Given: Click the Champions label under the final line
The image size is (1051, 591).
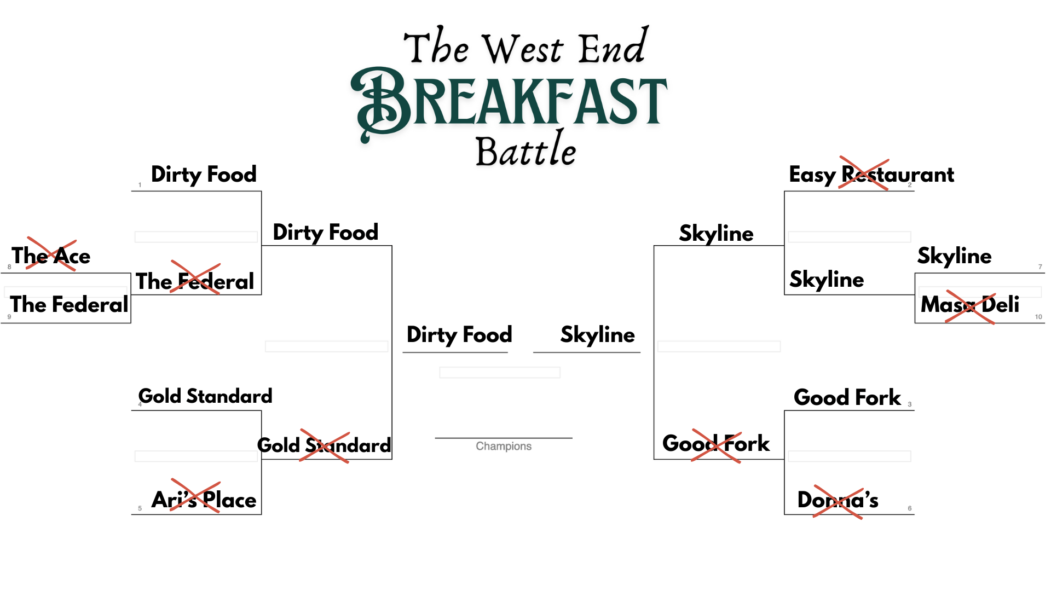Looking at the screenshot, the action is coord(504,446).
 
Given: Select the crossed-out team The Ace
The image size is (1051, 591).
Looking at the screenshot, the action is coord(51,256).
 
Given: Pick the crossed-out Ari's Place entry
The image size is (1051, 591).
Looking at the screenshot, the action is coord(204,499).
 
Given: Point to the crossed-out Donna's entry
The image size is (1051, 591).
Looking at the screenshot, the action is coord(838,500).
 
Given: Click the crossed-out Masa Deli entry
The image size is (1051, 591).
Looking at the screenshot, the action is coord(969,304).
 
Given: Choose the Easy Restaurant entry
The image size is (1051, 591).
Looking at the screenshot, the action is coord(871,175).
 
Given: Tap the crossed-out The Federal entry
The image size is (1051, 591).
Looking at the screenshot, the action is coord(195,281).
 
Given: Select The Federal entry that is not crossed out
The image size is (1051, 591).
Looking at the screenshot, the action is coord(69,304).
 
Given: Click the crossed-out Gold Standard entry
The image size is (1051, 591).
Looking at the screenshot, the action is coord(324,445).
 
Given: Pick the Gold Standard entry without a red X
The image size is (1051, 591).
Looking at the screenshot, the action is coord(205,396).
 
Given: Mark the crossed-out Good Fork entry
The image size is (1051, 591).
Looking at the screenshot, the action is coord(716,443).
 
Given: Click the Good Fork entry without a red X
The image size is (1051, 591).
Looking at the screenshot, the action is coord(847,397).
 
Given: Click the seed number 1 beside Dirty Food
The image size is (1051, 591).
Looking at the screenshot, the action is coord(140,185).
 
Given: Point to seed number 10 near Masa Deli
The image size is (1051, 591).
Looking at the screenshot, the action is coord(1038,317).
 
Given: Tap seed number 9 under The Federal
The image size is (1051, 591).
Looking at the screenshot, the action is coord(9,317).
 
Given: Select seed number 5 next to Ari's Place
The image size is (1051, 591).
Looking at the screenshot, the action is coord(140,508).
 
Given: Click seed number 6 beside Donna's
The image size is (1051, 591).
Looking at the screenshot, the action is coord(910,508).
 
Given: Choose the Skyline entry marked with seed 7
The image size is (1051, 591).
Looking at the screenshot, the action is coord(954,256).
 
